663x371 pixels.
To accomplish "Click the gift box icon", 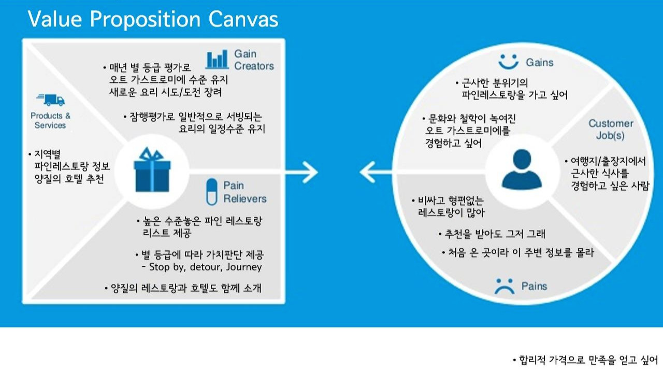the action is pyautogui.click(x=152, y=169).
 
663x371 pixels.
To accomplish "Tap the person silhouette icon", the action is pyautogui.click(x=522, y=169).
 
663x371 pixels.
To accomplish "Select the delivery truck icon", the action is pyautogui.click(x=50, y=99).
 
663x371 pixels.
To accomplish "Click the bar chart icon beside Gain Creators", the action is pyautogui.click(x=217, y=60).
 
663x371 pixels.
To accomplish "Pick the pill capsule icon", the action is pyautogui.click(x=211, y=192).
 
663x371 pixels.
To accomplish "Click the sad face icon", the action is pyautogui.click(x=504, y=286).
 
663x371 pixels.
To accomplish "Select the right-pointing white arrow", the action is pyautogui.click(x=308, y=172).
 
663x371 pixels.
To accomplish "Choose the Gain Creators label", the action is pyautogui.click(x=254, y=60).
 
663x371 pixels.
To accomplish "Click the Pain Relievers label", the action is pyautogui.click(x=244, y=192).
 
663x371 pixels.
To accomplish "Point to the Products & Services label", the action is pyautogui.click(x=50, y=120).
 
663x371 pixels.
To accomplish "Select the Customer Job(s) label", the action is pyautogui.click(x=610, y=130).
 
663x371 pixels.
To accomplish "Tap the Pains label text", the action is pyautogui.click(x=534, y=286).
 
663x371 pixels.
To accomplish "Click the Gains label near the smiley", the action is pyautogui.click(x=539, y=62).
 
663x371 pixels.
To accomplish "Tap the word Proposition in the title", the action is pyautogui.click(x=144, y=19).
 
